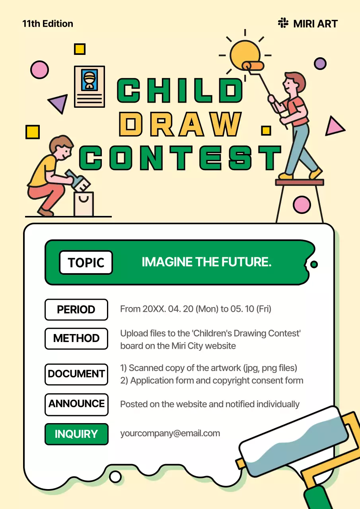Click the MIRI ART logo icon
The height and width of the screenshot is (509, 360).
click(x=283, y=23)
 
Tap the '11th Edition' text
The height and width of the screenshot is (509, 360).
click(x=48, y=24)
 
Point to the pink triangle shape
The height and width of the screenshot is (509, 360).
click(x=334, y=127)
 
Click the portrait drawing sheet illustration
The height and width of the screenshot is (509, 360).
click(x=90, y=86)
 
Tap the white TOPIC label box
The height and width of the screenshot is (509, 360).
click(x=86, y=262)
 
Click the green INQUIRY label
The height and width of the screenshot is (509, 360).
click(x=76, y=434)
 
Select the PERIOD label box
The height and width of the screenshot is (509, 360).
click(x=76, y=309)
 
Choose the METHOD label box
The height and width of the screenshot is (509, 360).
click(x=76, y=338)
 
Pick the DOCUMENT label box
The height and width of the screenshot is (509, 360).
click(x=76, y=374)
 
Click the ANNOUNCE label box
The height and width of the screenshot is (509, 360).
click(x=76, y=404)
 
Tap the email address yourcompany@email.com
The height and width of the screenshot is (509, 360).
click(x=170, y=433)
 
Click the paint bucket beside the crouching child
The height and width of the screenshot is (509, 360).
click(x=84, y=204)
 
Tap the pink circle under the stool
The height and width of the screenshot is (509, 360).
click(x=302, y=205)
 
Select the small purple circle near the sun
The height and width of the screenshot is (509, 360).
click(x=320, y=63)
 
